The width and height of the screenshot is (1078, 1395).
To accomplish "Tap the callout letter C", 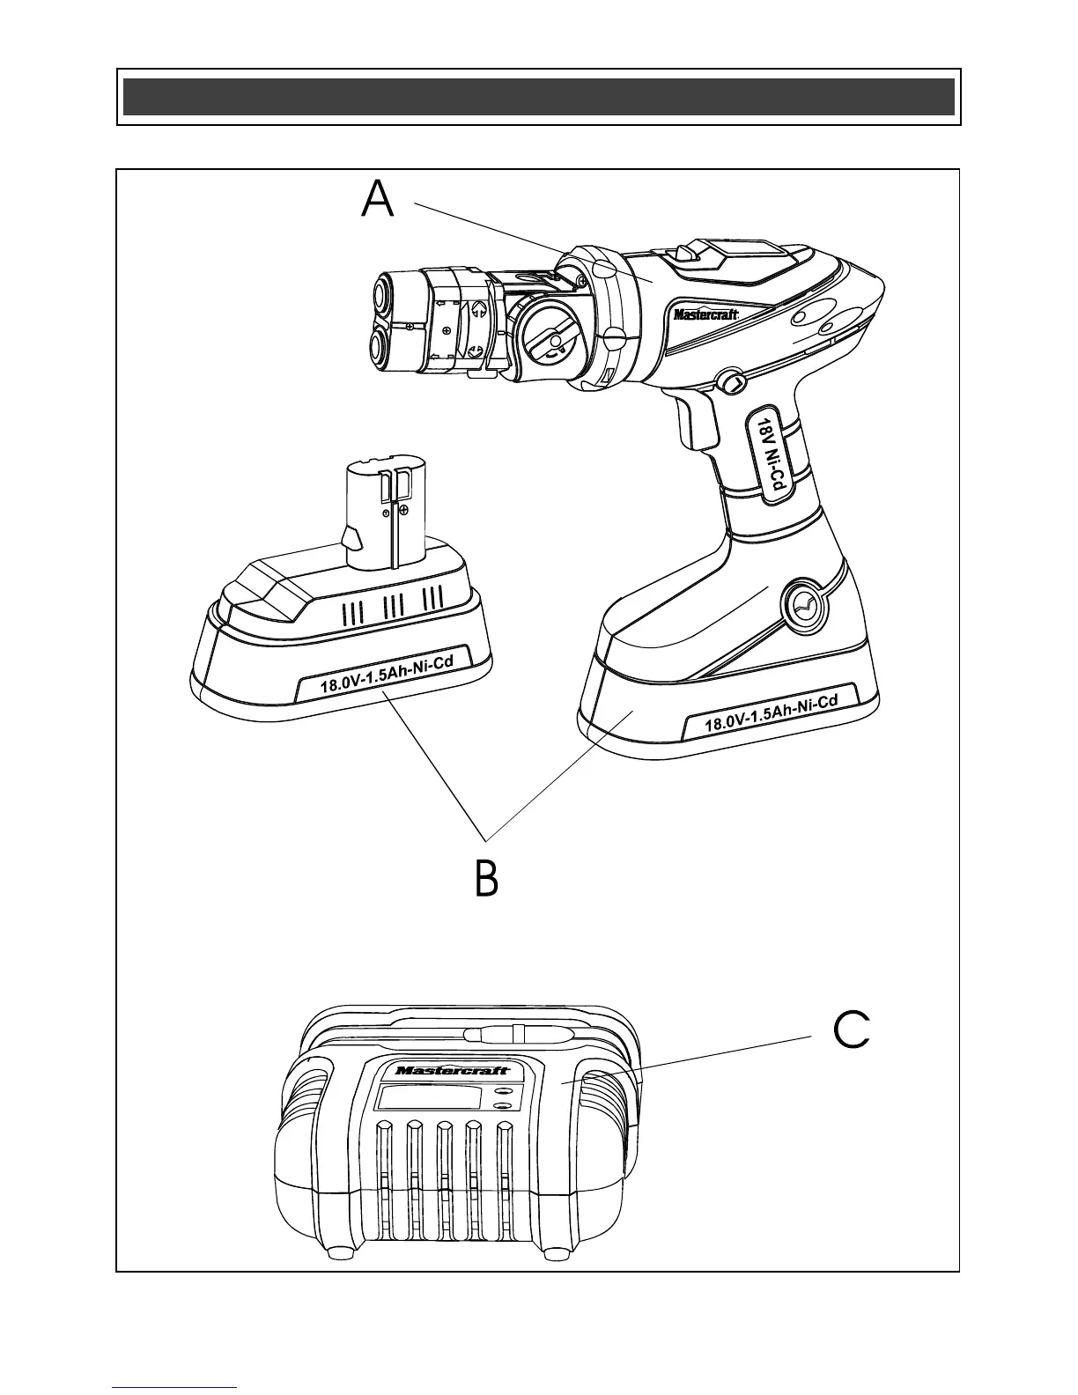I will tap(852, 1030).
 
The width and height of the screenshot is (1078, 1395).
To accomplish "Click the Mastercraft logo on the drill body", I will tap(705, 314).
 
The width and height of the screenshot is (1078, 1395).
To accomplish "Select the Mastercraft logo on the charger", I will tap(452, 1070).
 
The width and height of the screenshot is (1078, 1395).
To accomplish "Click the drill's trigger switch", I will tap(695, 423).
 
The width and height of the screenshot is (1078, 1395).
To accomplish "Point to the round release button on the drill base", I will tap(801, 605).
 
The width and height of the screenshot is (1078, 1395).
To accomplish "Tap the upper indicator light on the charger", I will tap(505, 1089).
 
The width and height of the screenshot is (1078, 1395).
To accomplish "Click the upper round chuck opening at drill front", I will tap(384, 293).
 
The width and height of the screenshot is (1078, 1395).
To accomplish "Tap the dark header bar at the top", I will tap(538, 97).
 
